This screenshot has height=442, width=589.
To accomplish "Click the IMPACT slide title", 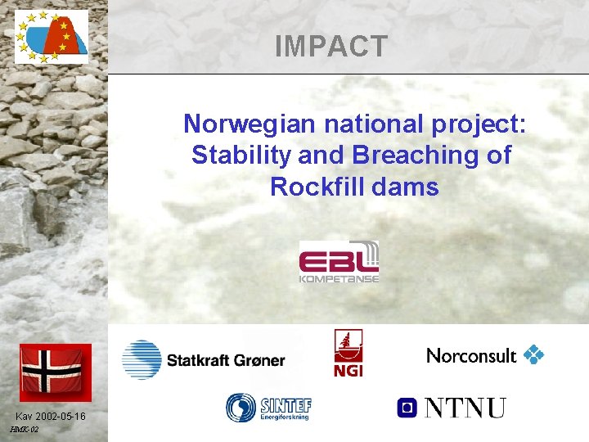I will click(331, 47).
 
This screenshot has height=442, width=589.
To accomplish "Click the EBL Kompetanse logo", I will click(339, 261).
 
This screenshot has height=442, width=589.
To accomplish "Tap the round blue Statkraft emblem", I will click(142, 360).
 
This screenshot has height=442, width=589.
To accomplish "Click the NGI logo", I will click(348, 353).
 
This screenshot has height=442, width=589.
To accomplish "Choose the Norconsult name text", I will click(471, 355).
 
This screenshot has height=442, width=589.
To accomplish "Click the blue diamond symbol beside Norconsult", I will click(533, 354).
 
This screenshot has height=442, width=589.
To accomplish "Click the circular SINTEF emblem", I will click(241, 407).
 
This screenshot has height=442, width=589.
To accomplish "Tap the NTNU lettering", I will click(464, 407).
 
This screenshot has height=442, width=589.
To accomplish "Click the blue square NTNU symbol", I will click(407, 407).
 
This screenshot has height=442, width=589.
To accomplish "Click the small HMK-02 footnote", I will click(24, 430).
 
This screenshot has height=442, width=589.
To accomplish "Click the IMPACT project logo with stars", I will click(51, 37).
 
